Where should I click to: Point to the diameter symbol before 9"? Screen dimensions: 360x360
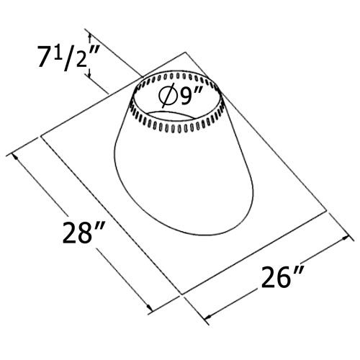pyautogui.click(x=167, y=95)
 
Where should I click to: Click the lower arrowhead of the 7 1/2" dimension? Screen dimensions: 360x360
pyautogui.click(x=89, y=81)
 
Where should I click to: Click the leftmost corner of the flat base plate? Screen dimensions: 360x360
pyautogui.click(x=41, y=136)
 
